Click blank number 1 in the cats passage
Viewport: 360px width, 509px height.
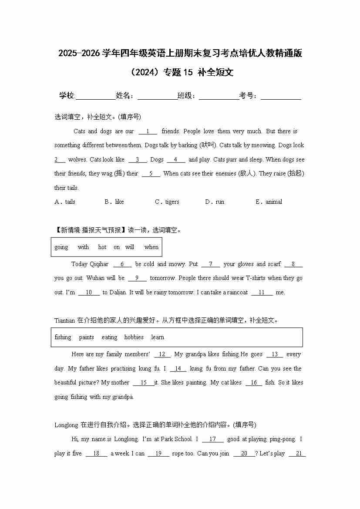(x=148, y=131)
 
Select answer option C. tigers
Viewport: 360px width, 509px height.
(x=167, y=202)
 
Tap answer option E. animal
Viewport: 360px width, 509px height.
(x=269, y=202)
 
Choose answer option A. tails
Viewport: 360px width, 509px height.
(x=65, y=202)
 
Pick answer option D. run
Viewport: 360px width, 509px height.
(x=215, y=202)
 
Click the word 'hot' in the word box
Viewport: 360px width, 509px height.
(x=102, y=247)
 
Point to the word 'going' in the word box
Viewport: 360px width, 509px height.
(x=61, y=247)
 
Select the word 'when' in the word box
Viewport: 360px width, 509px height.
(x=151, y=247)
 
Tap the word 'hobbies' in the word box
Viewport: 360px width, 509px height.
(x=134, y=337)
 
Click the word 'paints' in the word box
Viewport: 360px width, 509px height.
(x=86, y=337)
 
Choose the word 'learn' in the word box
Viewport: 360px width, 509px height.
(x=158, y=337)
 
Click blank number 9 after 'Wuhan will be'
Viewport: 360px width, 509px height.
(x=138, y=278)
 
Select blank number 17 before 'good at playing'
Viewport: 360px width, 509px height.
(x=213, y=440)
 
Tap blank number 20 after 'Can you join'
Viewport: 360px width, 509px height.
(x=244, y=454)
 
